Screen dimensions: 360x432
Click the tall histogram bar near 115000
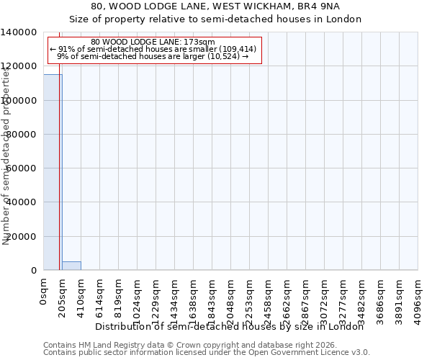(52, 173)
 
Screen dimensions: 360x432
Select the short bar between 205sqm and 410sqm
(71, 266)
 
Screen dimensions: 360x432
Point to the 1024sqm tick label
(138, 298)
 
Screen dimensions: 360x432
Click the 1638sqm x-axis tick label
(194, 298)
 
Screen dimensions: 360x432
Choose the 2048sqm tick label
(231, 298)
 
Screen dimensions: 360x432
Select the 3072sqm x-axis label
(325, 298)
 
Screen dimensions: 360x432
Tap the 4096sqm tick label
(418, 298)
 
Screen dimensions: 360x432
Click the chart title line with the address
(215, 6)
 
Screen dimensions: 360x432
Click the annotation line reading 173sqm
(153, 42)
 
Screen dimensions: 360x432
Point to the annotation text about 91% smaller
(153, 49)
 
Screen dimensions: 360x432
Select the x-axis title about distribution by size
(230, 326)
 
